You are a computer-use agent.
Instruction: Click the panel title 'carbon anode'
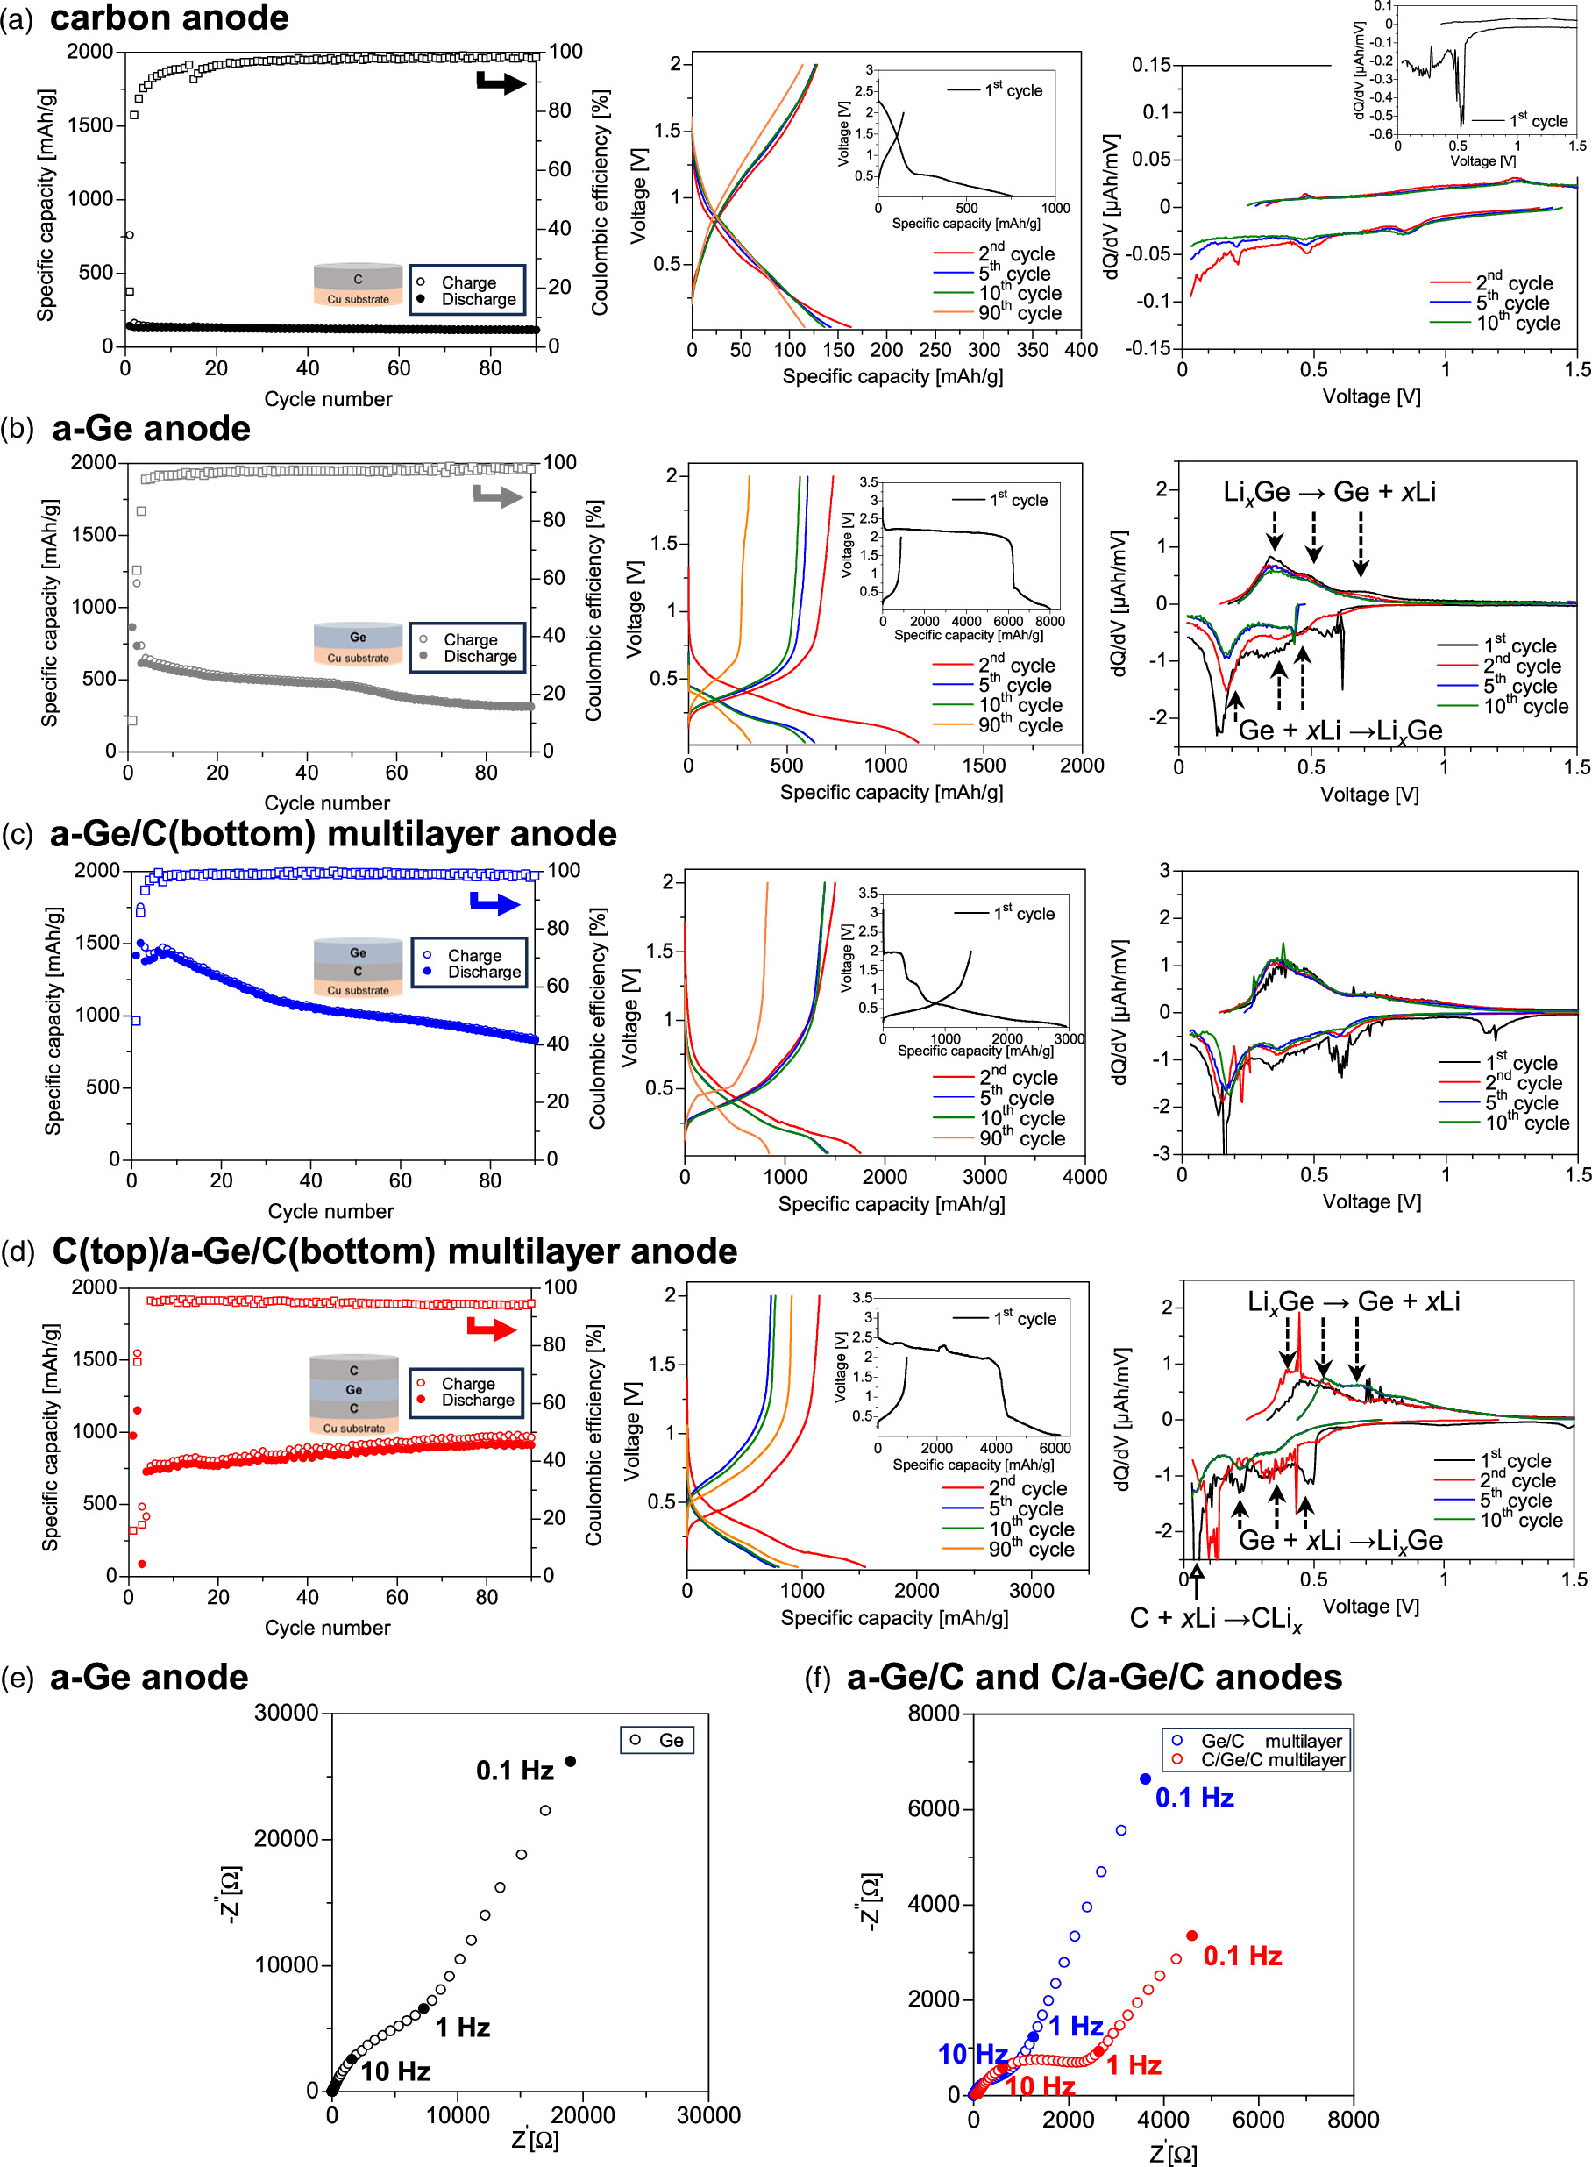coord(168,18)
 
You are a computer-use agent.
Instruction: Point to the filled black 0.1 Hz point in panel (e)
coord(571,1761)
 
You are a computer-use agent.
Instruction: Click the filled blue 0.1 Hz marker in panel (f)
coord(1145,1779)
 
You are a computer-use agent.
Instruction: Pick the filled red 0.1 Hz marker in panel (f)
coord(1192,1935)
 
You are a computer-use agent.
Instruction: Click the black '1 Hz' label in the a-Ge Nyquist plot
coord(463,2028)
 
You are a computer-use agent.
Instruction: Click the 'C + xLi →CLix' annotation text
coord(1215,1619)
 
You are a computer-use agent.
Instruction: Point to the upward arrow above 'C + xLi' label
coord(1196,1582)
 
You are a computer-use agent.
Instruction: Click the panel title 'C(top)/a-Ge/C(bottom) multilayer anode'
coord(394,1251)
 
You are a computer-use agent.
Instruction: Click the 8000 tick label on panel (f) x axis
coord(1352,2120)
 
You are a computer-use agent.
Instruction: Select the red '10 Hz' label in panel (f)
coord(1040,2086)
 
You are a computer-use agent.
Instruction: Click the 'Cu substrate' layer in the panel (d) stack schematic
coord(353,1428)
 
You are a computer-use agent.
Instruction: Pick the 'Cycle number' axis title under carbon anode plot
coord(328,399)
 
